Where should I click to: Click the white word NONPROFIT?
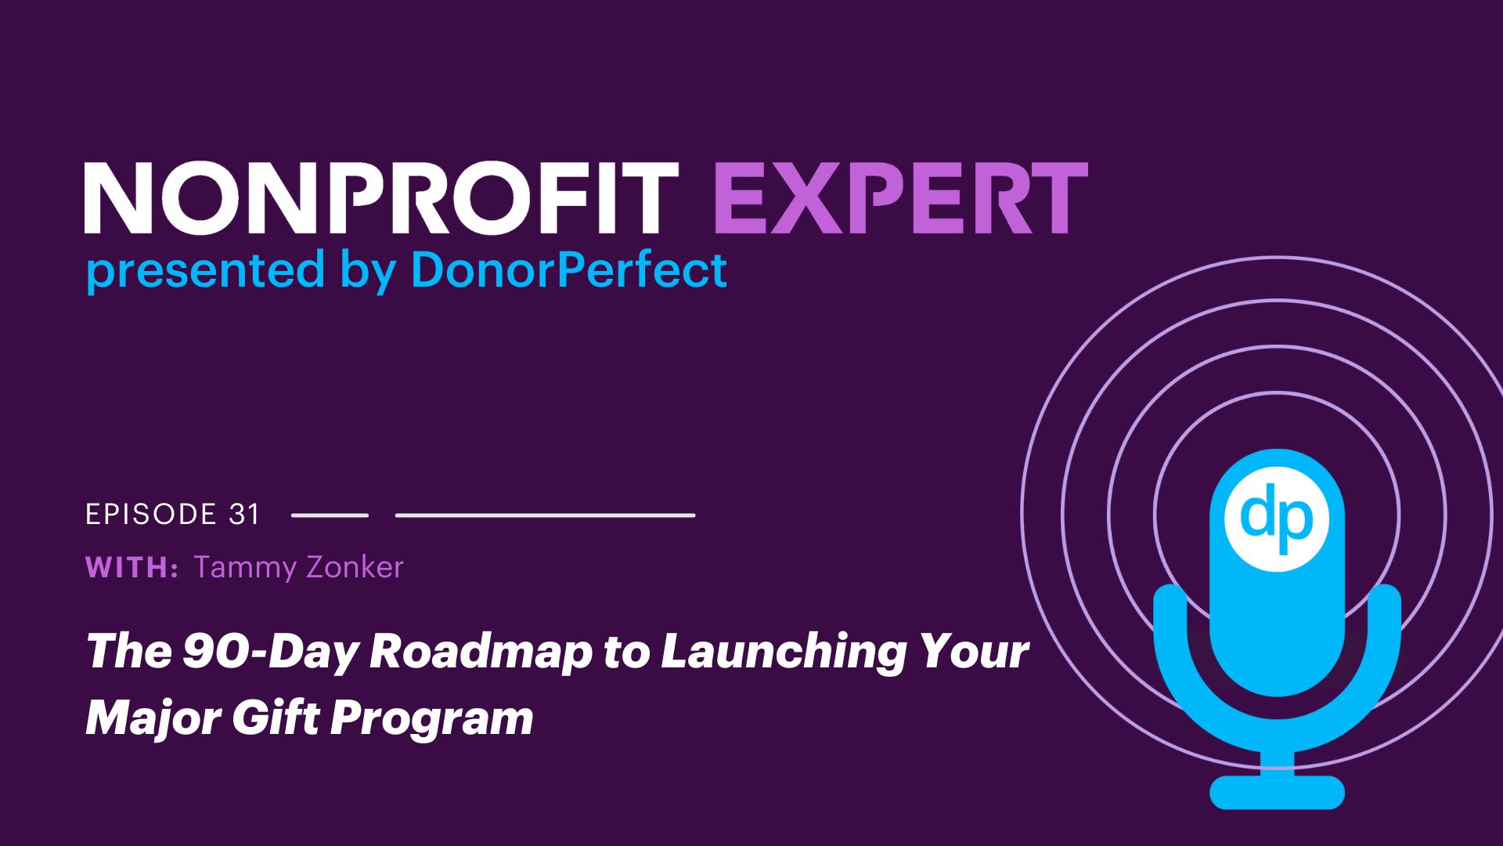point(381,198)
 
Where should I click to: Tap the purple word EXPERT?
point(901,198)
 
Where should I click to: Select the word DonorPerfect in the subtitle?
point(569,269)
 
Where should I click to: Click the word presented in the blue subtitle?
point(205,271)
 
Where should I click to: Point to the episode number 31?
point(244,514)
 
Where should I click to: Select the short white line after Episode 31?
point(330,515)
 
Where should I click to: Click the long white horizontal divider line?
point(546,515)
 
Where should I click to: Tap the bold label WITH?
point(132,567)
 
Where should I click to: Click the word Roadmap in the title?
point(481,652)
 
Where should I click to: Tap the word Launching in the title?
point(784,652)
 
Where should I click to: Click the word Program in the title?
point(431,718)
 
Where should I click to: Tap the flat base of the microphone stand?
point(1277,792)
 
